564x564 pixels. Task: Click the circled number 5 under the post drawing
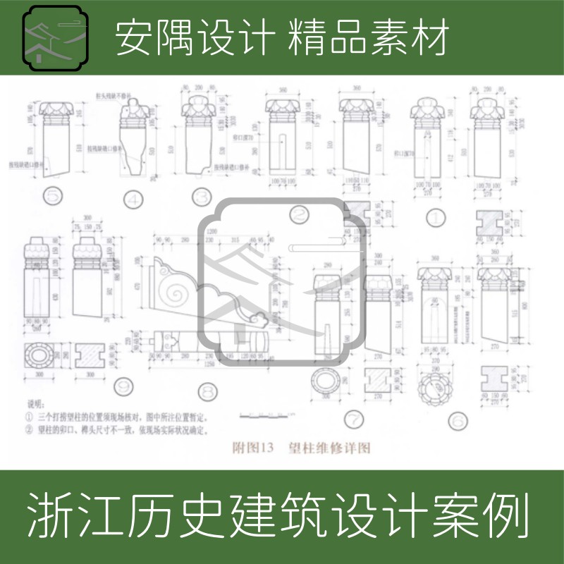click(x=51, y=196)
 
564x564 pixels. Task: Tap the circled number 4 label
click(x=133, y=199)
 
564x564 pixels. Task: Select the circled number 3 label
click(x=203, y=197)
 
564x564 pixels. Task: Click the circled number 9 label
click(x=124, y=386)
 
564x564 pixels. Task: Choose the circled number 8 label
click(x=207, y=391)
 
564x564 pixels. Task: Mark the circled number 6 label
click(x=458, y=421)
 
